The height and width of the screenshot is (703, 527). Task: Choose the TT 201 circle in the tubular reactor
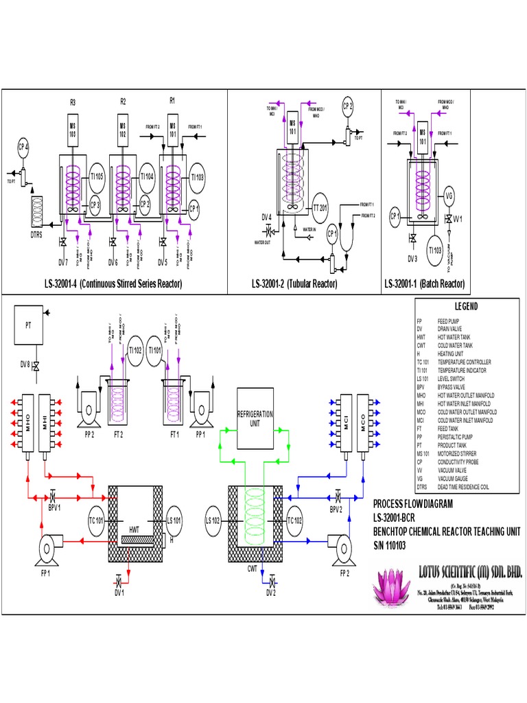(320, 208)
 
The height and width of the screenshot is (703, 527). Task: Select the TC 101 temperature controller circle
(97, 520)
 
